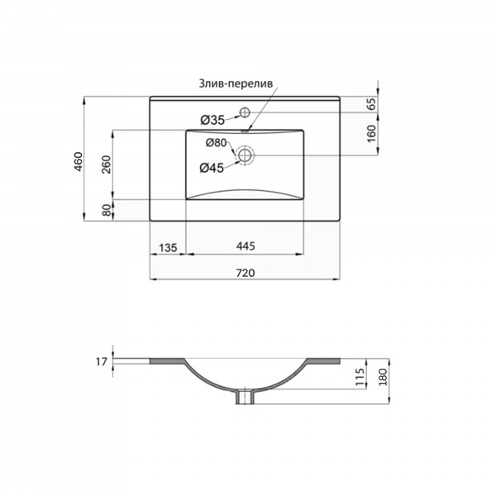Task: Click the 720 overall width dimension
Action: [x=246, y=273]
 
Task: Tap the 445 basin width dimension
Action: [x=246, y=246]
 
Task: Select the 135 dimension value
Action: [x=168, y=248]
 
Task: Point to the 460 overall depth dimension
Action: [x=79, y=162]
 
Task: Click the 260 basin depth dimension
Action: [x=107, y=165]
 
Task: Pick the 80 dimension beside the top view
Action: [x=107, y=210]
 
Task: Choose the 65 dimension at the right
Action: [x=372, y=104]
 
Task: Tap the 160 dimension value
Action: [x=372, y=134]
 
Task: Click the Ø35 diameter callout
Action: [x=212, y=120]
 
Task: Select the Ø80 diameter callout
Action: [x=217, y=143]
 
